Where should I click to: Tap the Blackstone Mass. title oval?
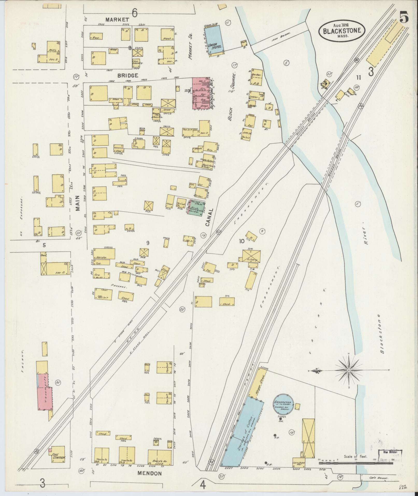[342, 30]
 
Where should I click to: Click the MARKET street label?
[117, 19]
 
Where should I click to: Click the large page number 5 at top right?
[404, 17]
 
